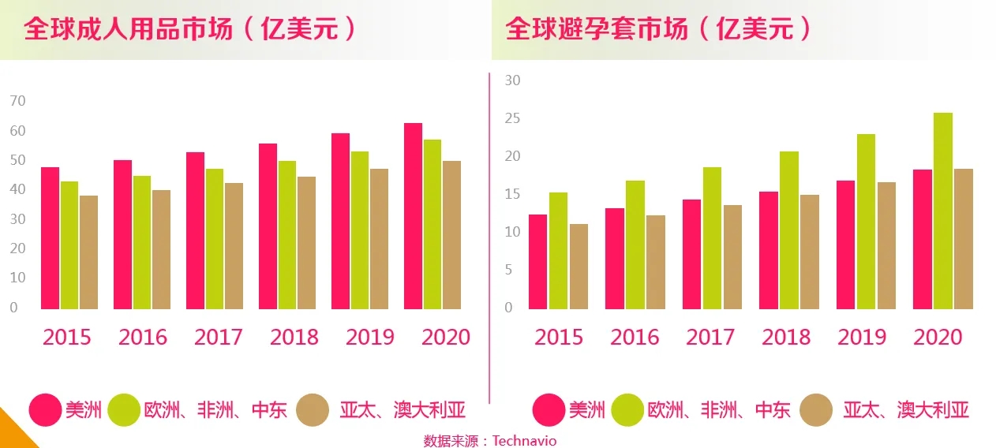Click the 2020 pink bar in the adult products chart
click(413, 216)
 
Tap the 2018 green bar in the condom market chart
click(789, 230)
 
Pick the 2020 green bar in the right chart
click(942, 211)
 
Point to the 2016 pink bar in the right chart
click(615, 259)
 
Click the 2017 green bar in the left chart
click(215, 239)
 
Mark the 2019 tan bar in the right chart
click(886, 245)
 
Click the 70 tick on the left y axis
click(18, 101)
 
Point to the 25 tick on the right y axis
click(513, 118)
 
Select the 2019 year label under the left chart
click(370, 338)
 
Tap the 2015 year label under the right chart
click(559, 338)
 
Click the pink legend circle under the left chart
click(45, 410)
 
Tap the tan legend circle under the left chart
click(313, 410)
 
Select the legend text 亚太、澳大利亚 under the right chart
click(906, 410)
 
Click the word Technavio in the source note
click(524, 441)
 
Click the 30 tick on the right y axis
click(513, 80)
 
